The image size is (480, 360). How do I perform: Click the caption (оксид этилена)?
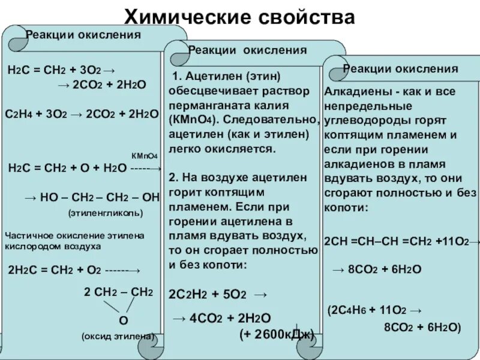coord(118,337)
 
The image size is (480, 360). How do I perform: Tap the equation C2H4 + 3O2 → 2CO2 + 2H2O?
coord(82,113)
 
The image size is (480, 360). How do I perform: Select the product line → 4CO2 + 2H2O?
coord(221,319)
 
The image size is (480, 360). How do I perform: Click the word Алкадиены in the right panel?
coord(351,91)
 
